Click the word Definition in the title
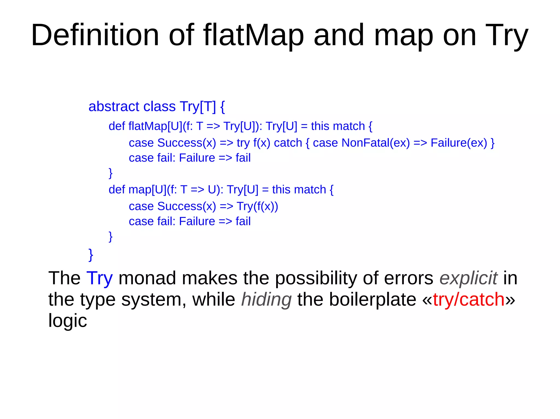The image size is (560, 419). (x=95, y=35)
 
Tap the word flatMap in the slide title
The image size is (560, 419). (x=253, y=35)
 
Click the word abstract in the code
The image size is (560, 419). (x=114, y=106)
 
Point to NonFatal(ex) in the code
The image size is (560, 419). (x=376, y=143)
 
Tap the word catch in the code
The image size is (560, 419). (x=288, y=143)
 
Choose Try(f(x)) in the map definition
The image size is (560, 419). (x=257, y=206)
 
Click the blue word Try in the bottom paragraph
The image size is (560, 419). (x=100, y=278)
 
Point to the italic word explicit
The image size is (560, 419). (x=468, y=278)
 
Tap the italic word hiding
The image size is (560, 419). (x=266, y=300)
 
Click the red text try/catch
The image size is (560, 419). (x=469, y=300)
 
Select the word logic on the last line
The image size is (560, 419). (x=68, y=321)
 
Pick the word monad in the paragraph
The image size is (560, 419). (x=147, y=278)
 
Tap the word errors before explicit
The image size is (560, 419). (x=409, y=278)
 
